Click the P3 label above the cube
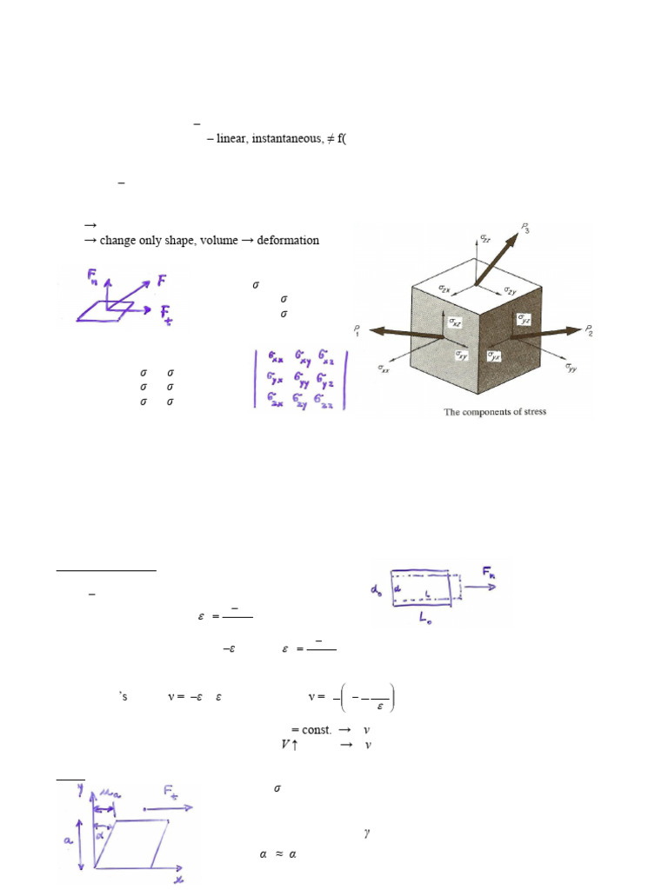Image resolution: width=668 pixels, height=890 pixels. (526, 229)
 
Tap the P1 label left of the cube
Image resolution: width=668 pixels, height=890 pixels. (357, 329)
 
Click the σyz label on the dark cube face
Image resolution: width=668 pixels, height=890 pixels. (523, 319)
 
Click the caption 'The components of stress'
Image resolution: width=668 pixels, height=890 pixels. (496, 411)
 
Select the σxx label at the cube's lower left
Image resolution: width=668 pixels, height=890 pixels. (385, 369)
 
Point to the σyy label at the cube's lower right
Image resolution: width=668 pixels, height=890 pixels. (571, 369)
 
